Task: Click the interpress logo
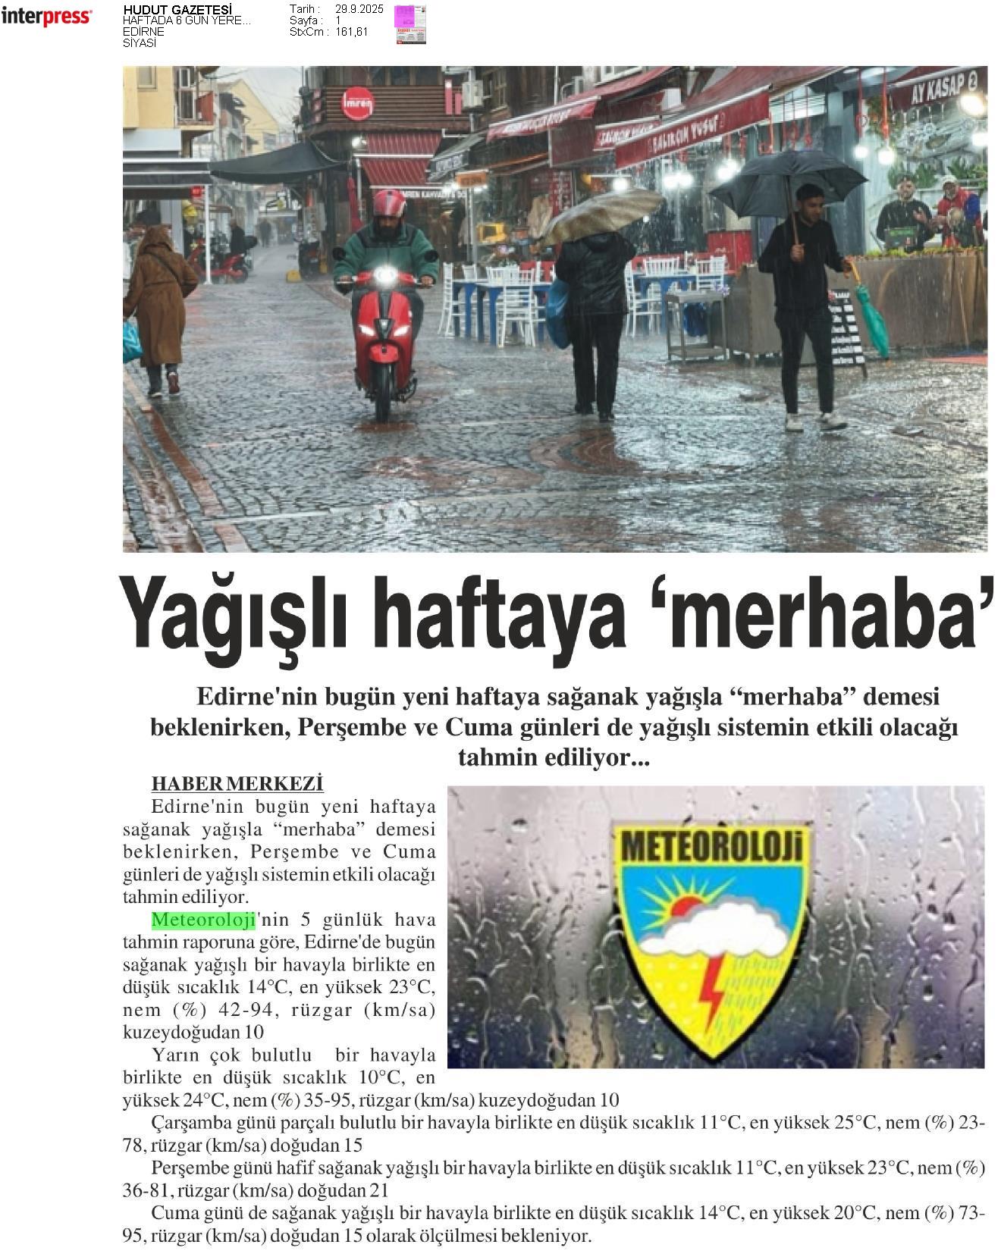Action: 46,17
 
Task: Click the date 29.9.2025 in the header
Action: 359,9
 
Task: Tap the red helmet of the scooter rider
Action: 389,204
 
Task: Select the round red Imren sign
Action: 357,104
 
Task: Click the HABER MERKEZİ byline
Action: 237,783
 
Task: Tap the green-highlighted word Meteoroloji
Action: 203,920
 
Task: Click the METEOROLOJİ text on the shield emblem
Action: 711,845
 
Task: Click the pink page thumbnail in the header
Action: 410,24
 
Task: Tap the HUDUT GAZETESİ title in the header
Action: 177,10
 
